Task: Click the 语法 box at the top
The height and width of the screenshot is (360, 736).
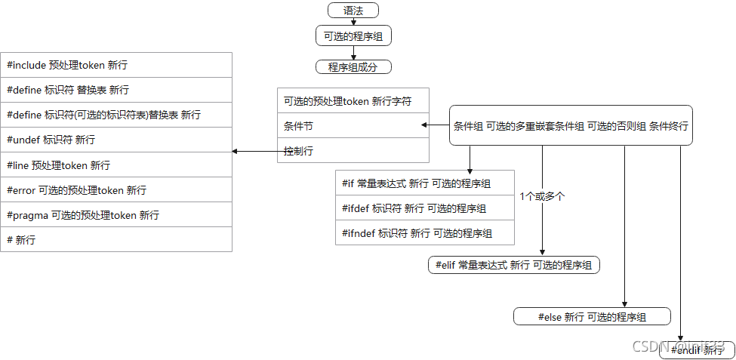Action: tap(353, 11)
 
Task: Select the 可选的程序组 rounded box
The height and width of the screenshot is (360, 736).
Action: tap(353, 35)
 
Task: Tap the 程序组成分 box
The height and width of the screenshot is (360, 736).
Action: tap(353, 67)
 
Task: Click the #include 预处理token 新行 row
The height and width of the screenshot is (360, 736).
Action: tap(116, 65)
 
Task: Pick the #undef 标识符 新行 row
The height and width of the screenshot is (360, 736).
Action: tap(116, 140)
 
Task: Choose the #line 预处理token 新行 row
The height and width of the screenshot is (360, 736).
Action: tap(116, 165)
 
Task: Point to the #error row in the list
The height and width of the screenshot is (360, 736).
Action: tap(116, 190)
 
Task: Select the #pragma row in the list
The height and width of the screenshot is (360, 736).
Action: tap(116, 215)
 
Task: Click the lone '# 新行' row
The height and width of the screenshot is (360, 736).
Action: tap(116, 240)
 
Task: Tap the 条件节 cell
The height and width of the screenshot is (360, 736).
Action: tap(353, 125)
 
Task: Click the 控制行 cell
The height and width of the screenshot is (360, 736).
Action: tap(353, 151)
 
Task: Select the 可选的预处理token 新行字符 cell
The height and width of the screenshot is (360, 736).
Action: tap(353, 100)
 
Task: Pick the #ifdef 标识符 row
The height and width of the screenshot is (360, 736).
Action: tap(425, 208)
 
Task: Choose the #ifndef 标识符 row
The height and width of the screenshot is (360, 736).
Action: tap(425, 233)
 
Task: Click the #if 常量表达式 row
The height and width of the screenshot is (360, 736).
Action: tap(425, 183)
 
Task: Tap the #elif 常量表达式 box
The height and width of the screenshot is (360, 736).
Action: tap(513, 265)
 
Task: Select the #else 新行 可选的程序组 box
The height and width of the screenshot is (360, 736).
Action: tap(592, 317)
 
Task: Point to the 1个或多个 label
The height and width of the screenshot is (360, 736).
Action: tap(542, 196)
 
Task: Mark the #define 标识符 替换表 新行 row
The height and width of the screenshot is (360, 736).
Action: tap(116, 90)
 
